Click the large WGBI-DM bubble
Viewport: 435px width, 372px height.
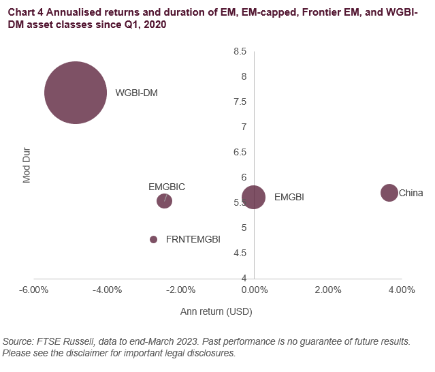(x=75, y=93)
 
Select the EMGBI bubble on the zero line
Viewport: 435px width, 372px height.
(x=253, y=198)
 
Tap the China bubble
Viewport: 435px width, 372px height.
(x=389, y=193)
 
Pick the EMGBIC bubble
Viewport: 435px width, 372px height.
(x=164, y=201)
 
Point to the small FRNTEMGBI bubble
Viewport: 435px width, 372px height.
(x=153, y=239)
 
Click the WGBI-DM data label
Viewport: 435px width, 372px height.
(x=136, y=93)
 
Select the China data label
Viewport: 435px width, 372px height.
(x=410, y=193)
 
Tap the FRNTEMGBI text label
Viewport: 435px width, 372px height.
(x=193, y=239)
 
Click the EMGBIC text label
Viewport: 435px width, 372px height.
(x=167, y=186)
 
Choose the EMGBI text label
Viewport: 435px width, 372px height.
(x=289, y=198)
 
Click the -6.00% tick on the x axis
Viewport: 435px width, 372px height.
(x=34, y=290)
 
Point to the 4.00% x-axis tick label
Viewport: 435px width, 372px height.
(x=401, y=290)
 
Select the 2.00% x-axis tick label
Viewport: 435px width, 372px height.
(x=327, y=290)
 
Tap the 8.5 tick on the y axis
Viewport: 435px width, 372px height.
(x=240, y=51)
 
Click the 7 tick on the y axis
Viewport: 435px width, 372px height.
(x=243, y=127)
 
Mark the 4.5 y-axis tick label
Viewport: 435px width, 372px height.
(x=240, y=253)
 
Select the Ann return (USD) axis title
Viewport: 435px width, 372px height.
(x=217, y=312)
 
